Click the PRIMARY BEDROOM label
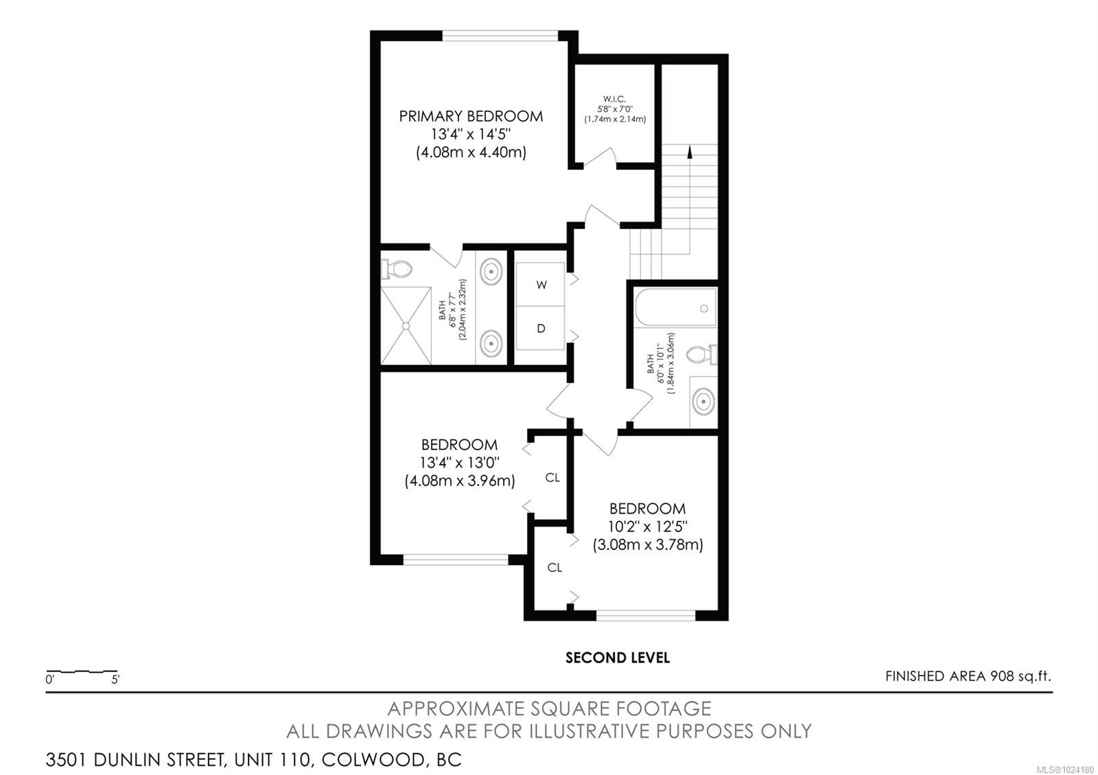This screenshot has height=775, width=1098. click(x=471, y=117)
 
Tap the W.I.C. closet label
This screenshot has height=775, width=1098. click(x=614, y=99)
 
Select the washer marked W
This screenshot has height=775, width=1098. click(x=541, y=285)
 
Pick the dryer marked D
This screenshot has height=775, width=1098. click(x=541, y=329)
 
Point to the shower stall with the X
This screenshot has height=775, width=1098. click(x=406, y=326)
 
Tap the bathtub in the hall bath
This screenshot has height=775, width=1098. click(x=675, y=308)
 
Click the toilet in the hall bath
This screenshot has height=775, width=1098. click(x=701, y=355)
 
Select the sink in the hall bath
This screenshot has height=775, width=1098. click(x=703, y=401)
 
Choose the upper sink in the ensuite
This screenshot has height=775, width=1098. click(x=491, y=271)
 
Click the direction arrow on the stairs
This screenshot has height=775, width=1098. click(x=689, y=152)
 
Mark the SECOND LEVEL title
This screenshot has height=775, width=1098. click(x=617, y=658)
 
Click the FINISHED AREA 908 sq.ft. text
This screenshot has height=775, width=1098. click(x=968, y=676)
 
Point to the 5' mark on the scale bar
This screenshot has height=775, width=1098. click(x=115, y=680)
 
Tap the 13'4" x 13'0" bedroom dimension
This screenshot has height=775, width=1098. click(x=459, y=462)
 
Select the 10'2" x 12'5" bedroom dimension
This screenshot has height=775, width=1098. click(x=648, y=527)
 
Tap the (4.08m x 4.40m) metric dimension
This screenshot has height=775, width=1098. click(x=471, y=152)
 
